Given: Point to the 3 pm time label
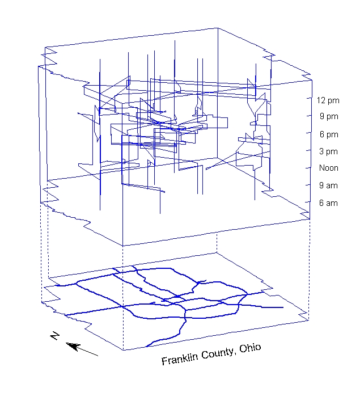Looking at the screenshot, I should (328, 151).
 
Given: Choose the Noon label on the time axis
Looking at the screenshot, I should (328, 168).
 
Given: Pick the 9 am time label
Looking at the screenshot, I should (328, 185).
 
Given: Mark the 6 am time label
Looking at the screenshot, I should (328, 203).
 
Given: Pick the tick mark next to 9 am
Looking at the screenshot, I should (312, 184).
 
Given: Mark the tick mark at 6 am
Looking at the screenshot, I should (312, 201).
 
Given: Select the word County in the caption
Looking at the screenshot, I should (217, 353).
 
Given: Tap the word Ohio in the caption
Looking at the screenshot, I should (249, 347).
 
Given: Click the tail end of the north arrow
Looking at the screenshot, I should (98, 355).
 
